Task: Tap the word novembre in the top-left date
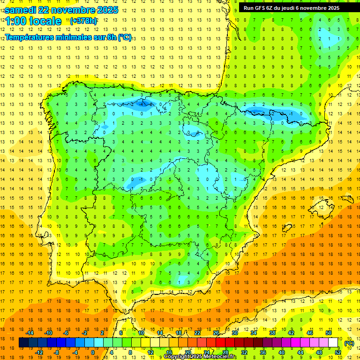(x=72, y=10)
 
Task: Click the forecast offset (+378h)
(x=84, y=21)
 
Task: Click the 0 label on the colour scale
(x=93, y=352)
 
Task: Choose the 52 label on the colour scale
(x=337, y=352)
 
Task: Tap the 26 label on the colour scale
(x=216, y=333)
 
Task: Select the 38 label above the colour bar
(x=272, y=333)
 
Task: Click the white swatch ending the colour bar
(x=333, y=343)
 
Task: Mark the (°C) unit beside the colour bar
(x=349, y=343)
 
